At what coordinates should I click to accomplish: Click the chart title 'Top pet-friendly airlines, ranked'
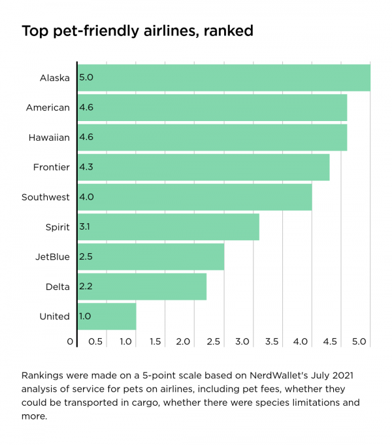137,31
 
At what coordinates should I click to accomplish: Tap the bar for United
106,316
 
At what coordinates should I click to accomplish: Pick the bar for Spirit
168,227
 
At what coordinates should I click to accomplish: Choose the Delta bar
142,287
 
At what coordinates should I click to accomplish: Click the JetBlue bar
150,257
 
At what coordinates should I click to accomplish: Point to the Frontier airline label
52,168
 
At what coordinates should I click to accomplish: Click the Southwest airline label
46,197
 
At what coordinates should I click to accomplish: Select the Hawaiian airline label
49,137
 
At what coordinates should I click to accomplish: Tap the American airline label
48,107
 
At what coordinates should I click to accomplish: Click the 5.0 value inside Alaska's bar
86,78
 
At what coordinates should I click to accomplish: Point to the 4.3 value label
86,168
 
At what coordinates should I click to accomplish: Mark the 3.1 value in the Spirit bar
86,227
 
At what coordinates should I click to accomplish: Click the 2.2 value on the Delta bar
86,287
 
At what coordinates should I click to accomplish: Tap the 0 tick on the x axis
70,342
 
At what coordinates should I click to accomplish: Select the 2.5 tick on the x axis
213,342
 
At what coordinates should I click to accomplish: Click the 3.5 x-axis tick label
272,342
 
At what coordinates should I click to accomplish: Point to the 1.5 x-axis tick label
155,342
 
